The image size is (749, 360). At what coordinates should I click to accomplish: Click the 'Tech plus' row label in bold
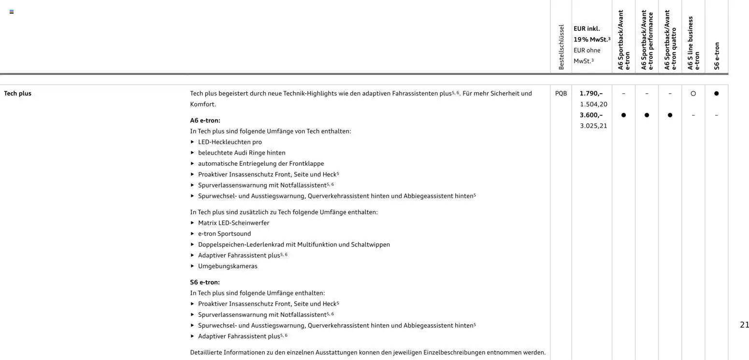pyautogui.click(x=18, y=93)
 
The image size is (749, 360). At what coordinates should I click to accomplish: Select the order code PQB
pyautogui.click(x=561, y=93)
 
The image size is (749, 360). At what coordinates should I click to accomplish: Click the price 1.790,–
pyautogui.click(x=591, y=93)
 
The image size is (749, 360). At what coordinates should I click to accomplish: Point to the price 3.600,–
pyautogui.click(x=591, y=115)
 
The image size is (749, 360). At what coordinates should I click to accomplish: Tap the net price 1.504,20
pyautogui.click(x=593, y=104)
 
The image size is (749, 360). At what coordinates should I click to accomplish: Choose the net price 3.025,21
pyautogui.click(x=593, y=126)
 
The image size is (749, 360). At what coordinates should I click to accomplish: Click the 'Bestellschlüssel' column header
pyautogui.click(x=561, y=47)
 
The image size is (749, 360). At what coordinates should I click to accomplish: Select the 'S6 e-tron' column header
pyautogui.click(x=717, y=56)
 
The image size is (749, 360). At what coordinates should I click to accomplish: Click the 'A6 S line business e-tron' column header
pyautogui.click(x=693, y=43)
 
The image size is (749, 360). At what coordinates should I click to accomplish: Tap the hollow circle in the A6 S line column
pyautogui.click(x=693, y=94)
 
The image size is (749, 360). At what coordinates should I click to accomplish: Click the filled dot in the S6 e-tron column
pyautogui.click(x=716, y=94)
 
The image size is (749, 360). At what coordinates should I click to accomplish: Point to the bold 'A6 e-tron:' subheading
pyautogui.click(x=205, y=120)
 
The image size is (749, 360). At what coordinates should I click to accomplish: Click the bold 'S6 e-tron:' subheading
pyautogui.click(x=205, y=282)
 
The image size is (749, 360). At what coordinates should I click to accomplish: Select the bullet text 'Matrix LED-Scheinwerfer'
pyautogui.click(x=233, y=223)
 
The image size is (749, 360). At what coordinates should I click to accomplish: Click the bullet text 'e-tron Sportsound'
pyautogui.click(x=224, y=234)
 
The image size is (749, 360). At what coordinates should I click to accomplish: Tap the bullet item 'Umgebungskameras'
pyautogui.click(x=228, y=266)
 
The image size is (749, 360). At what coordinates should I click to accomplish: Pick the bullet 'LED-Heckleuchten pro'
pyautogui.click(x=230, y=142)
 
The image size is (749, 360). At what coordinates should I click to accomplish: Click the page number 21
pyautogui.click(x=744, y=325)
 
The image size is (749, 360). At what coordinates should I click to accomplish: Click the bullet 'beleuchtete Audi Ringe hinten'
pyautogui.click(x=242, y=153)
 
